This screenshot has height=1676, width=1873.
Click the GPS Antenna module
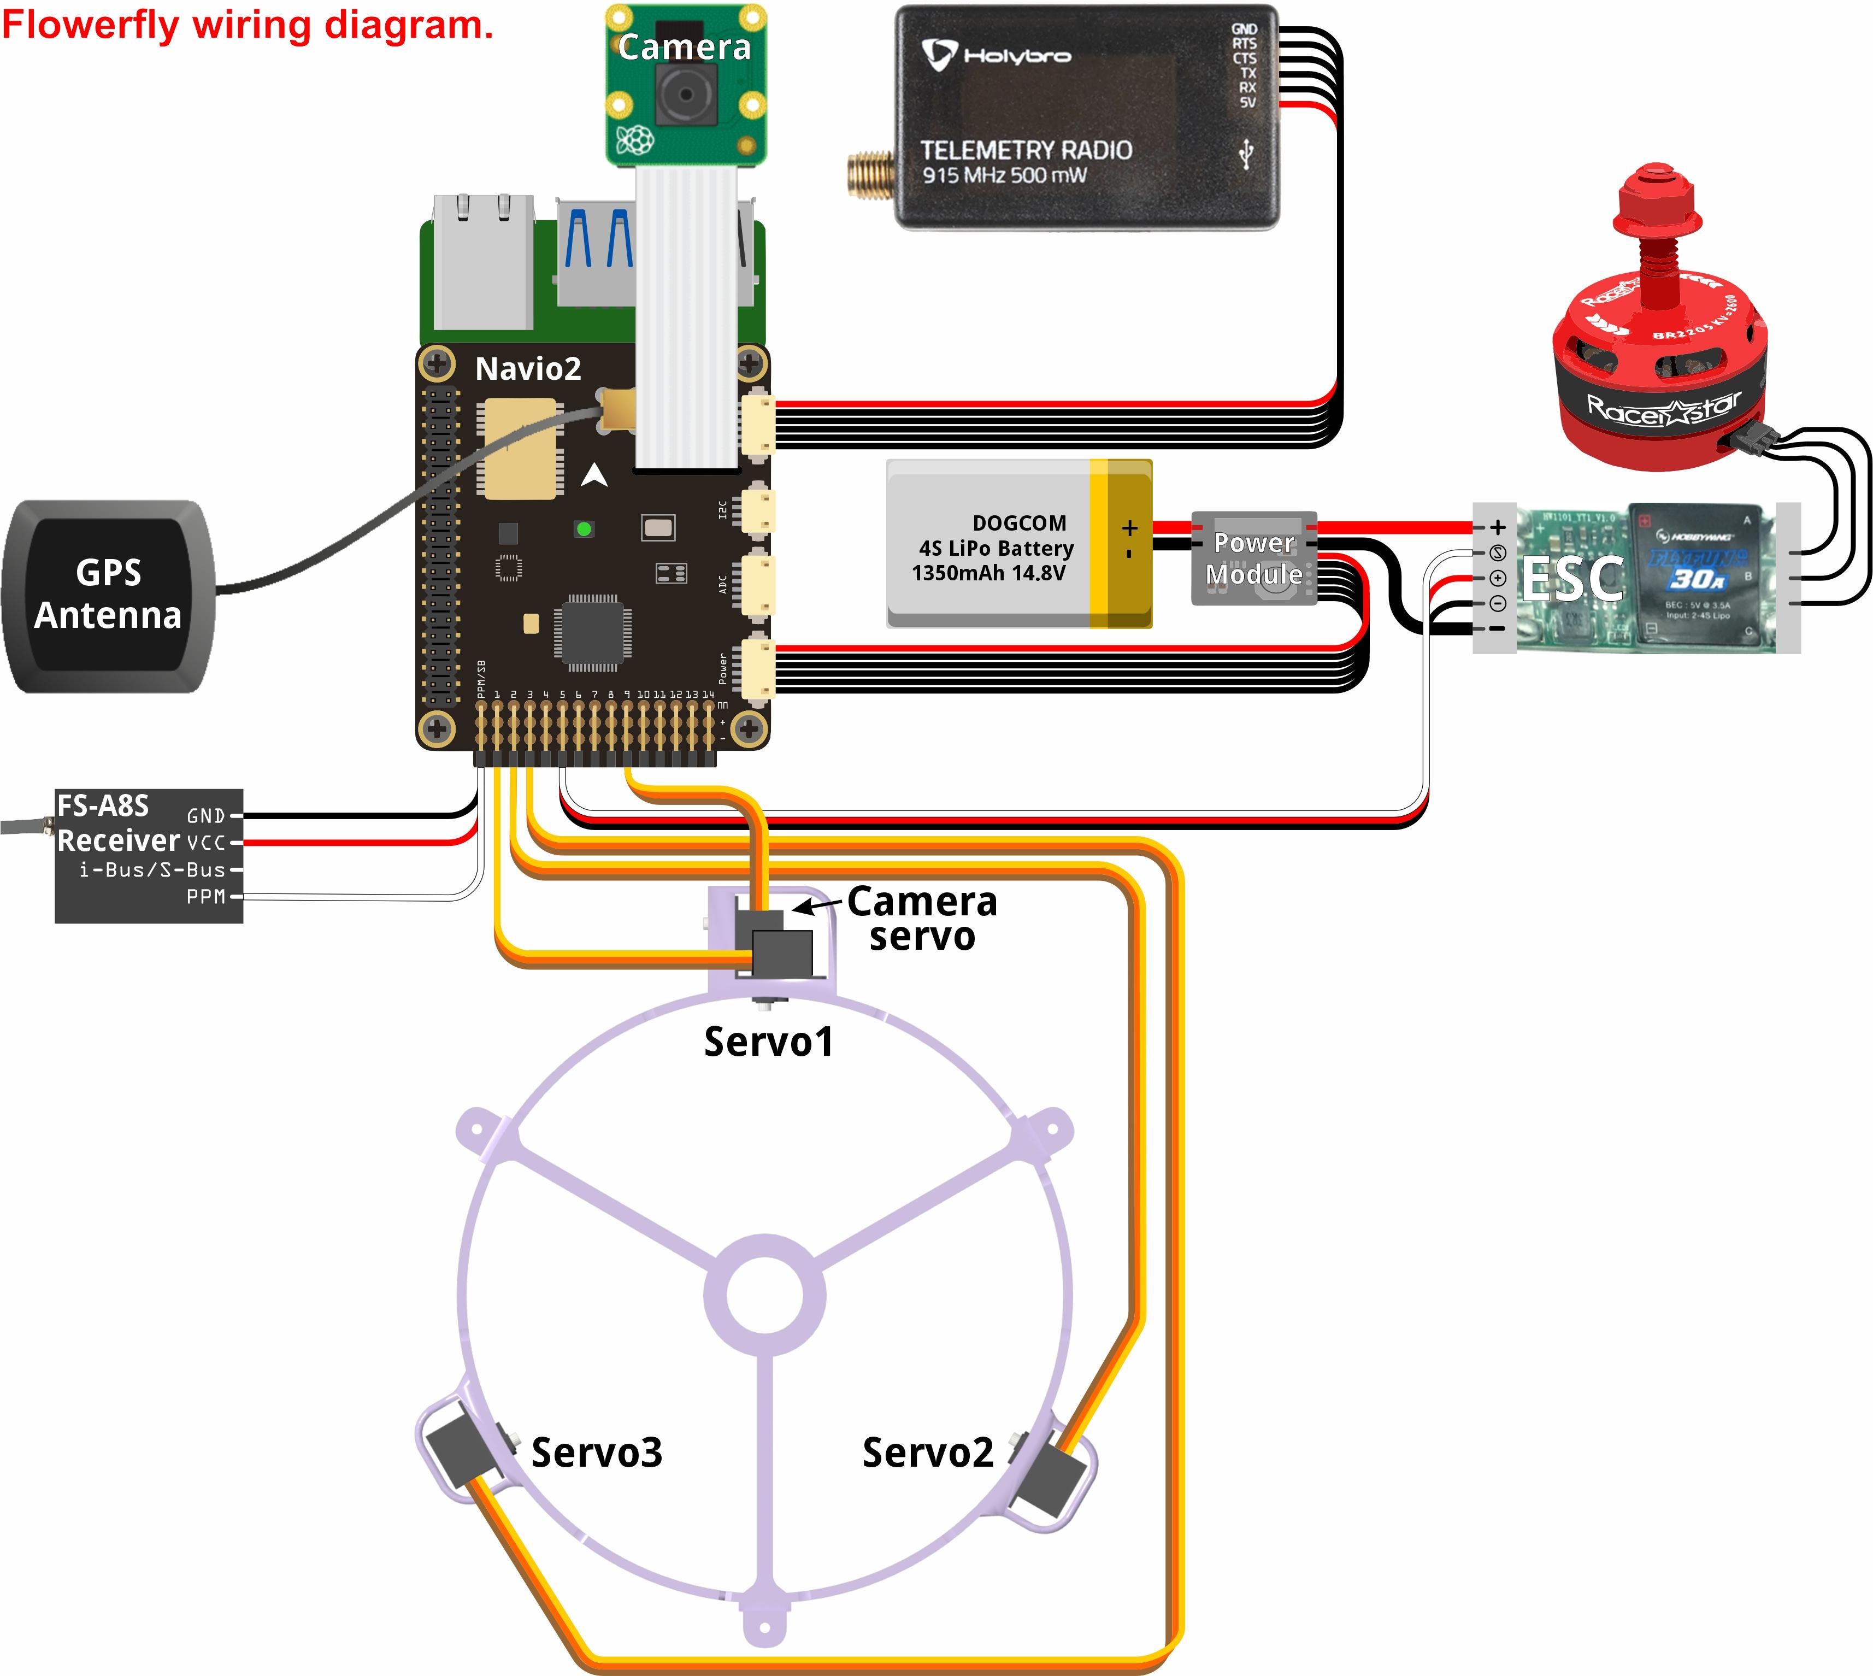[x=109, y=595]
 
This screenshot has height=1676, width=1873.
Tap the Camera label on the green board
[x=684, y=47]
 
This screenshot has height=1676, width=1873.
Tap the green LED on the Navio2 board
[x=583, y=528]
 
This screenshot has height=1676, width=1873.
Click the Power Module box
[x=1253, y=558]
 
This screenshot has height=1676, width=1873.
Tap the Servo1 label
[x=768, y=1042]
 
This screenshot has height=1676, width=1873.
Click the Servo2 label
[x=927, y=1452]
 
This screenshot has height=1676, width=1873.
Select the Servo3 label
[x=597, y=1452]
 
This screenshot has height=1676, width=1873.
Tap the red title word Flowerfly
[x=90, y=25]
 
